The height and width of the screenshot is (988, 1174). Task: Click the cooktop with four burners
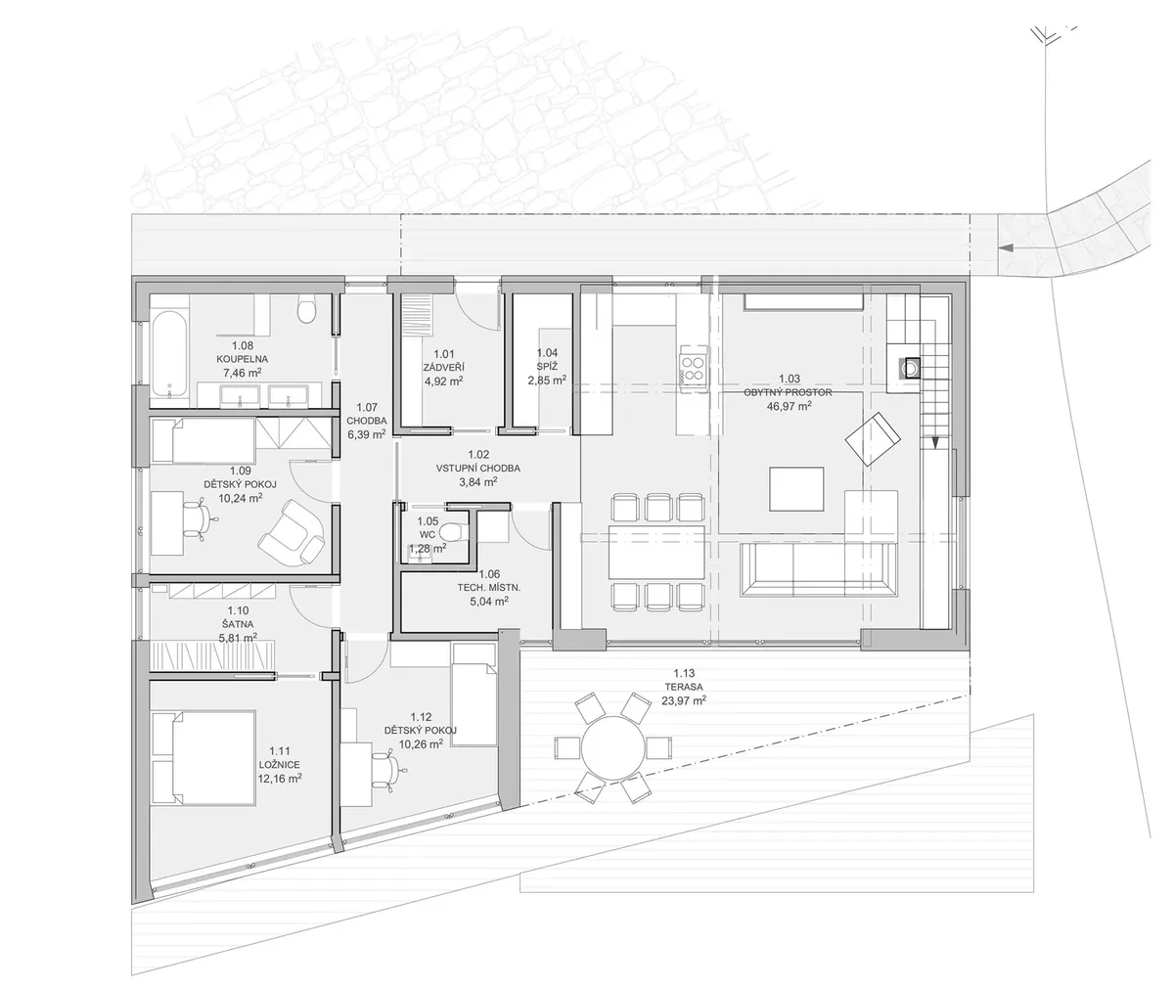692,369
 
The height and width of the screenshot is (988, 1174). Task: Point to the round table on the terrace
612,748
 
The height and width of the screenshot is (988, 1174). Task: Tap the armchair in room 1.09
292,532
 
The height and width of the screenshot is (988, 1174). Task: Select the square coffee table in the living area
796,489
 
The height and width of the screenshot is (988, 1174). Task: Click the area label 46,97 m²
789,406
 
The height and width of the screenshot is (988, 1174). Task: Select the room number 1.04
547,352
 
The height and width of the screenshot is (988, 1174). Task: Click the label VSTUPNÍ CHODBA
478,468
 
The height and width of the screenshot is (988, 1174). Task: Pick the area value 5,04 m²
488,602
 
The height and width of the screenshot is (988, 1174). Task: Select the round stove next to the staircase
910,369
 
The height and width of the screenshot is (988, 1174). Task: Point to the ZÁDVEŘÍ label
443,368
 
